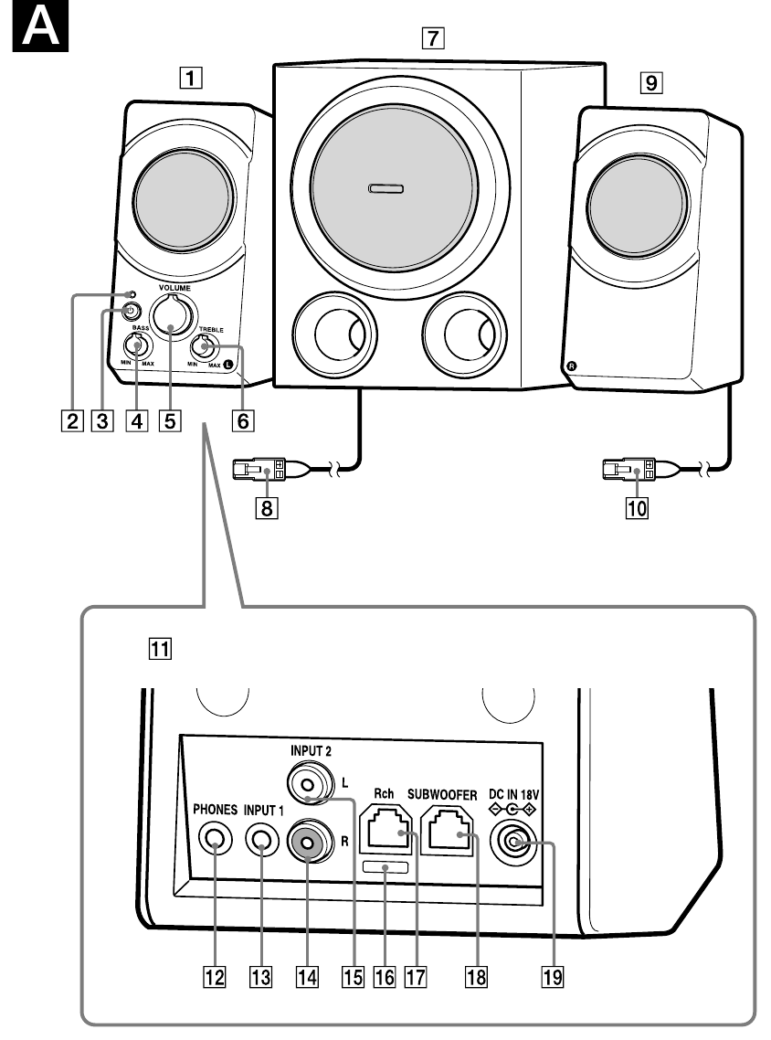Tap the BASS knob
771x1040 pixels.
click(138, 348)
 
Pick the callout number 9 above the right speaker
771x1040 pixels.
click(650, 84)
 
